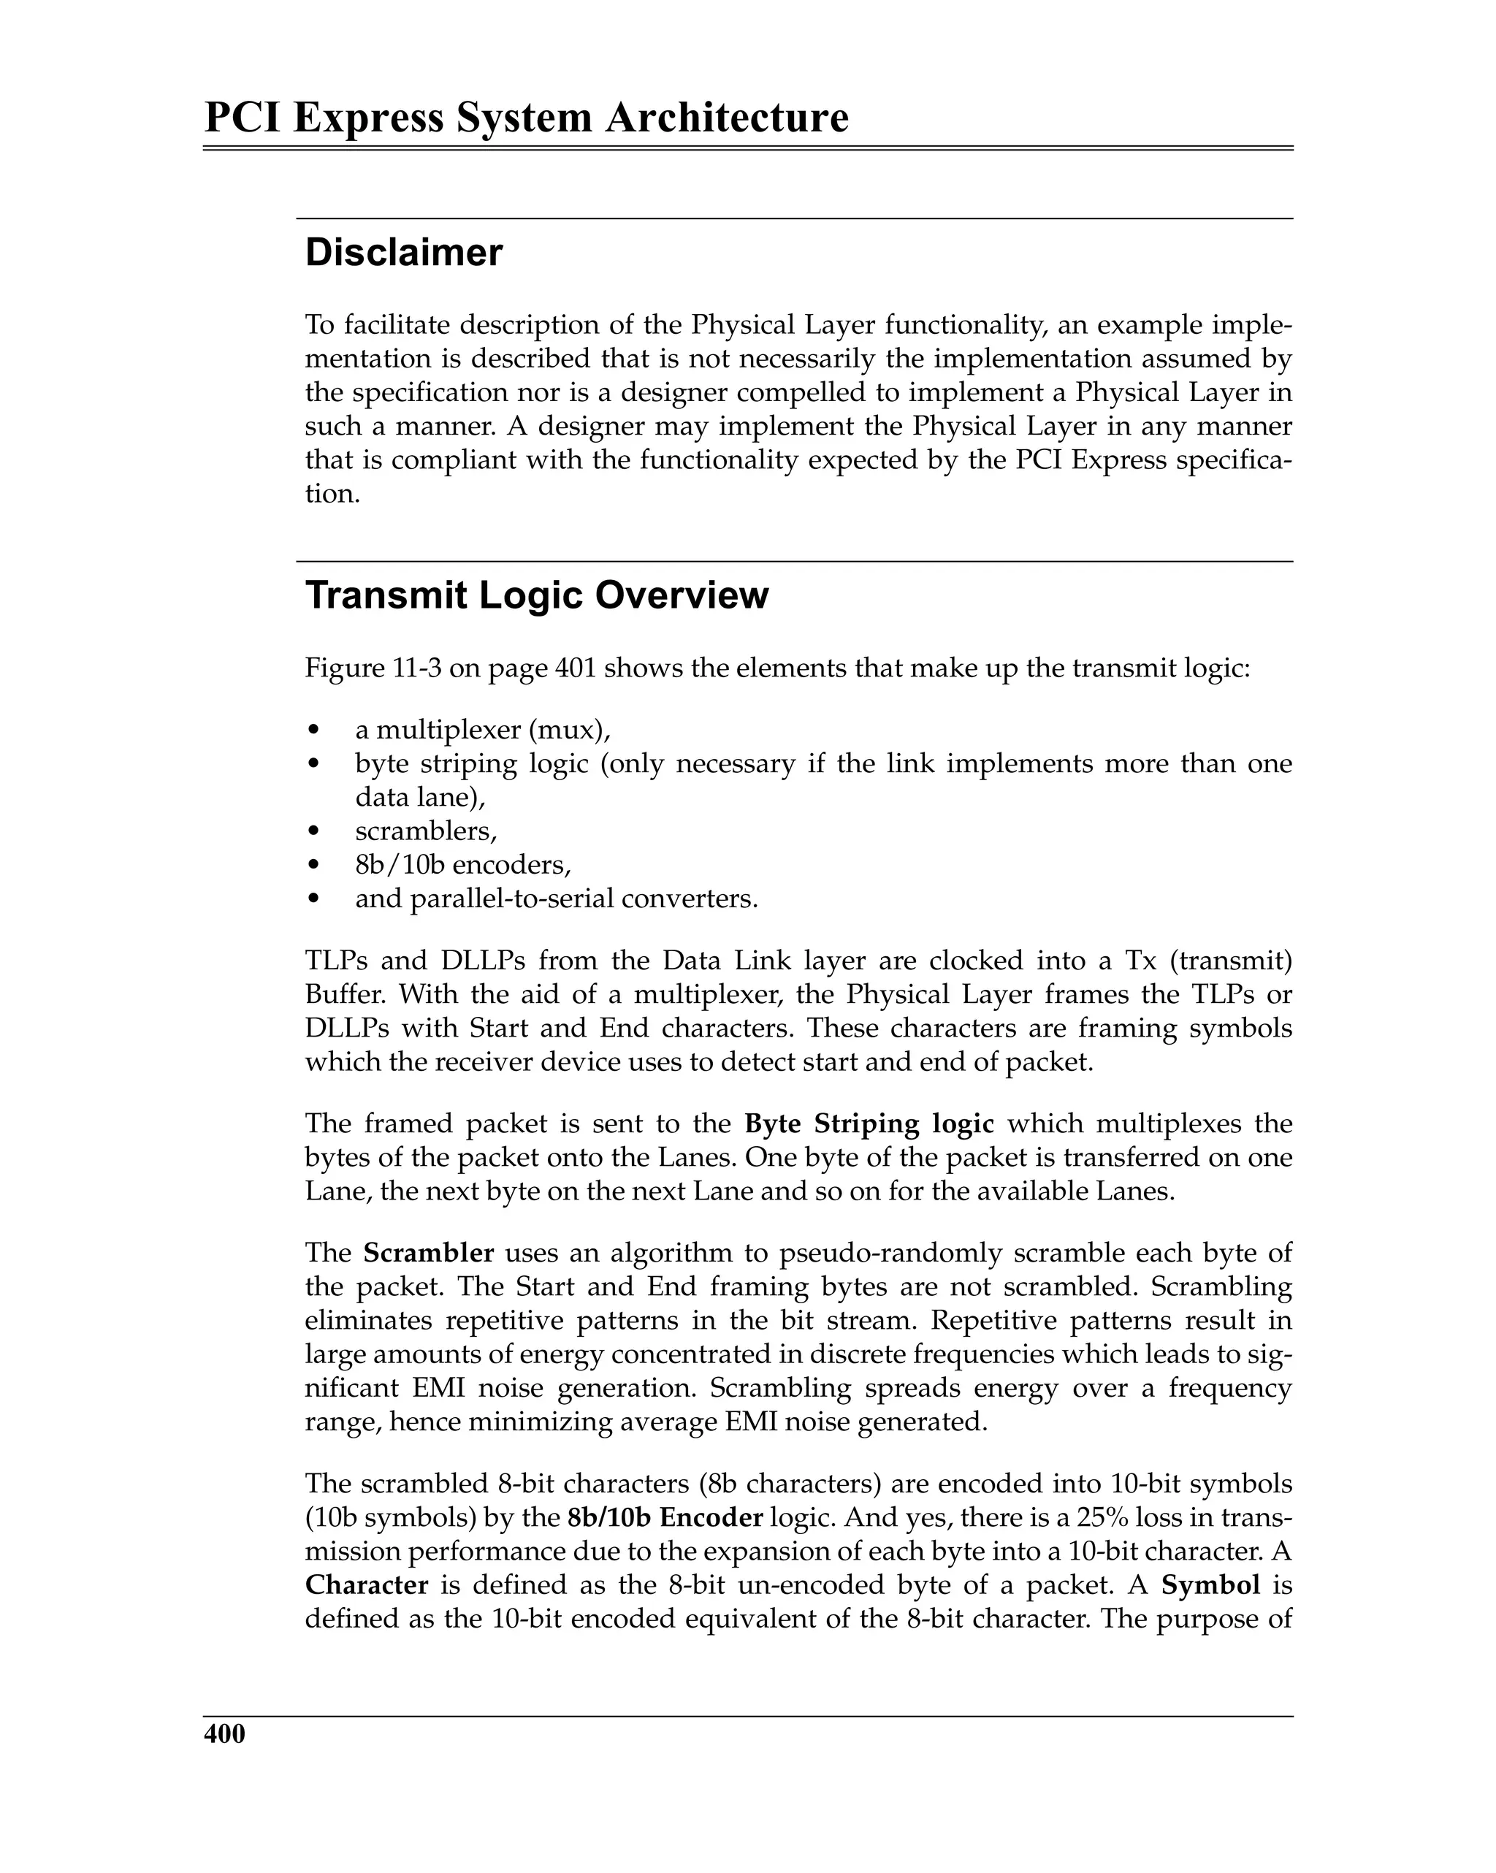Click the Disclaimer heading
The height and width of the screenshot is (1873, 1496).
coord(404,253)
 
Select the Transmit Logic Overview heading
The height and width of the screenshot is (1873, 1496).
coord(537,596)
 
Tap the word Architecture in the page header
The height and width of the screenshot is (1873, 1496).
coord(726,118)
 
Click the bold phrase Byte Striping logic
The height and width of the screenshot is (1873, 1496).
coord(869,1124)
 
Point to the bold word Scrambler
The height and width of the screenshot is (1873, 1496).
coord(428,1253)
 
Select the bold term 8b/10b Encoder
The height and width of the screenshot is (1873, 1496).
coord(665,1517)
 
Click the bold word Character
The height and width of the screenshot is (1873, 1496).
coord(367,1584)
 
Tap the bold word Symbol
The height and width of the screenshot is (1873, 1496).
coord(1210,1584)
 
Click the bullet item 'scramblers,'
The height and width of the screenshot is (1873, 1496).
coord(426,831)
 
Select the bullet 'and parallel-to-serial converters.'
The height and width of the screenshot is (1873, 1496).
coord(556,899)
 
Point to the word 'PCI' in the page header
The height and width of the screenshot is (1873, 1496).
coord(243,118)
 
